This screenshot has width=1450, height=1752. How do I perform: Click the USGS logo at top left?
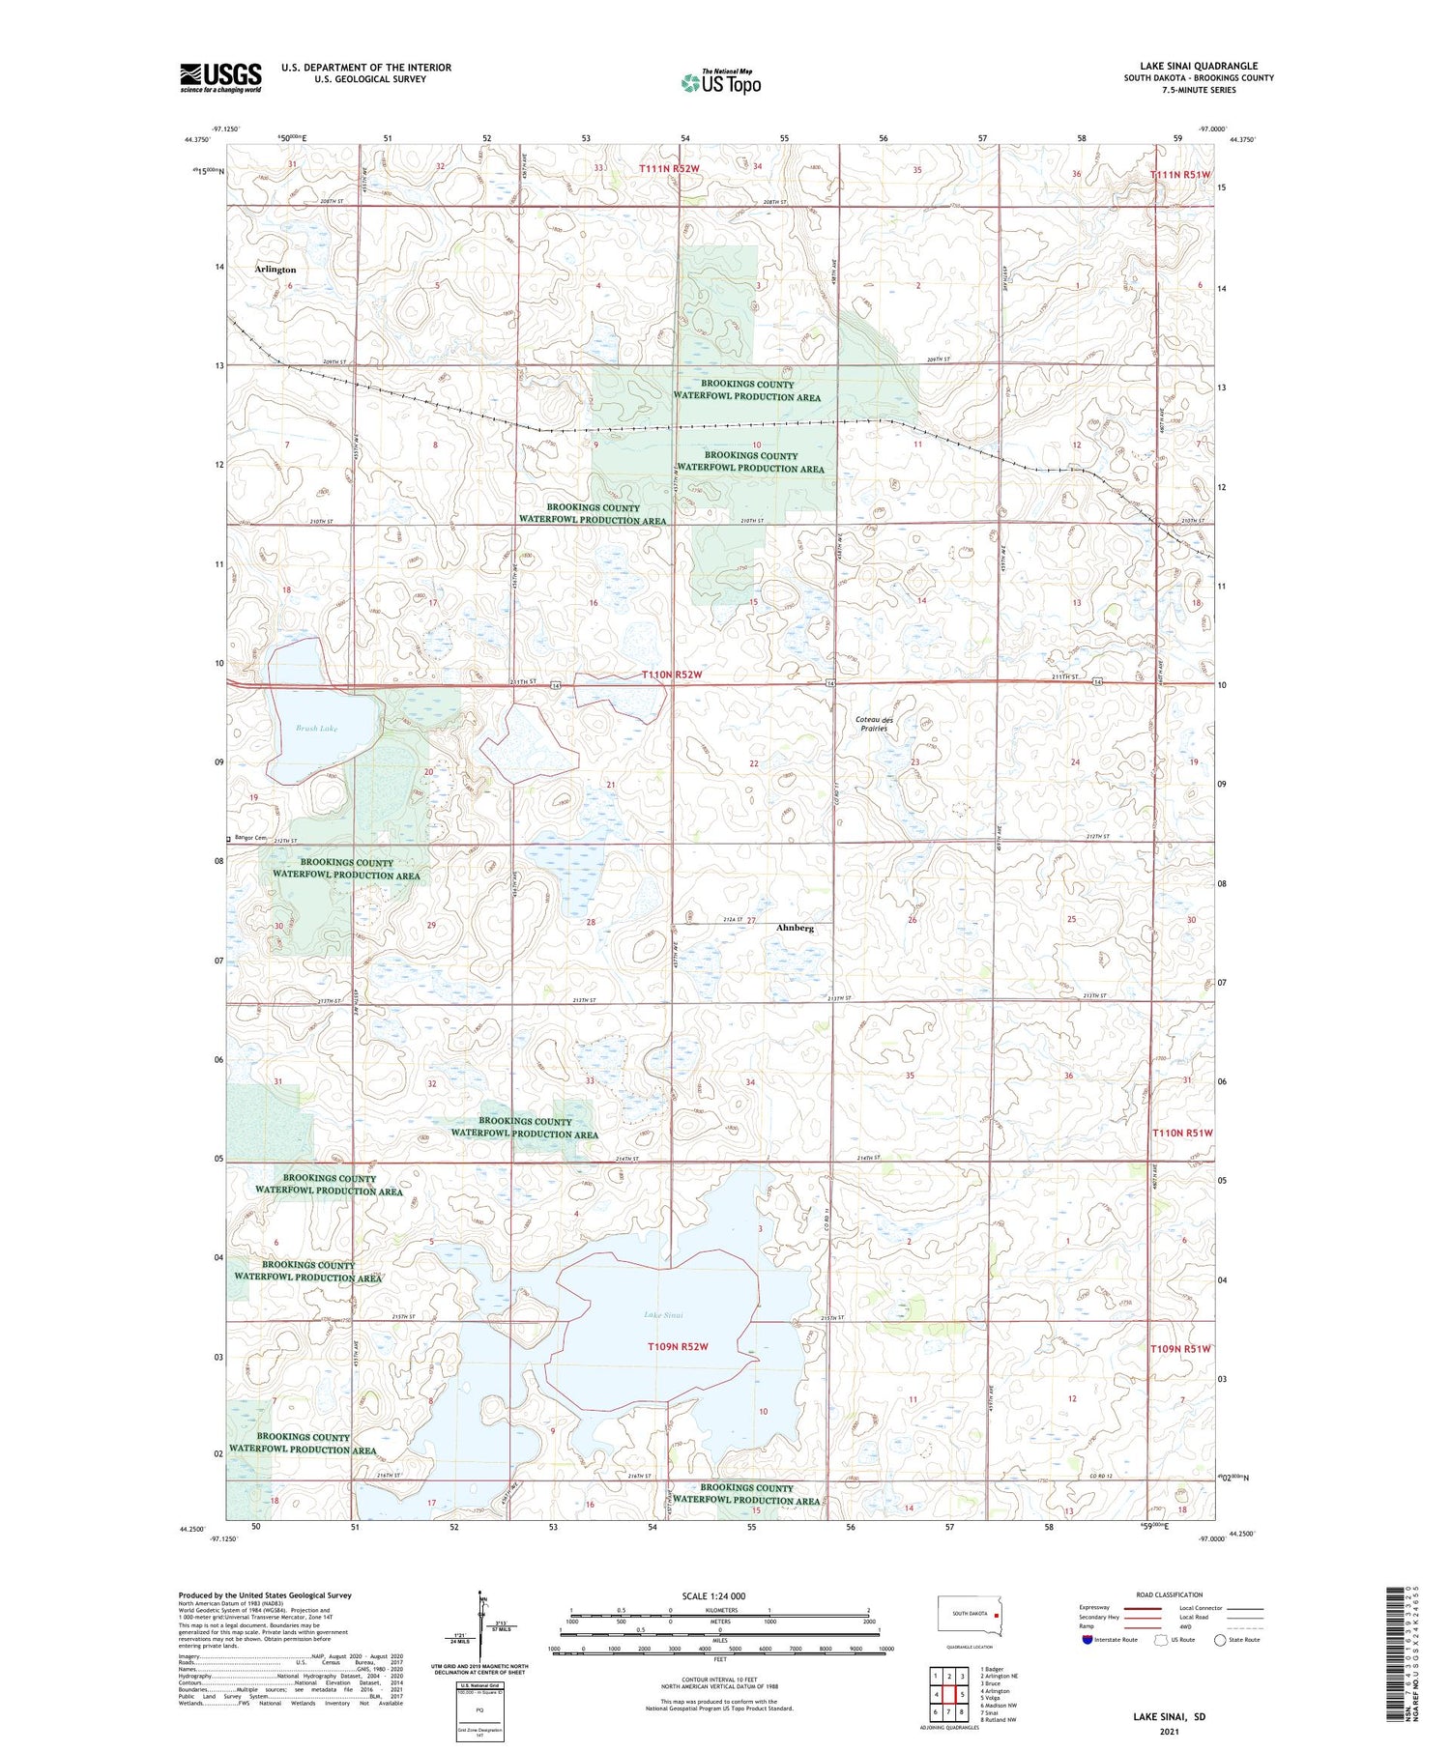[220, 77]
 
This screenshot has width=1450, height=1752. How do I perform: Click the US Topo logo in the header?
[720, 83]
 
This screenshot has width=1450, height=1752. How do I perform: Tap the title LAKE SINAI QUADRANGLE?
[1198, 67]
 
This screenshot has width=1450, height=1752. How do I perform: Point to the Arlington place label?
[275, 270]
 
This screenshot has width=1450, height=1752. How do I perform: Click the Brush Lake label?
[316, 729]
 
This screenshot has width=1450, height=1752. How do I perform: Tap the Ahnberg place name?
[795, 928]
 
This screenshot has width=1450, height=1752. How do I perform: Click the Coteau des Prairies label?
[875, 724]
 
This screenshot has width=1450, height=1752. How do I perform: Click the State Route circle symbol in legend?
[1221, 1640]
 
